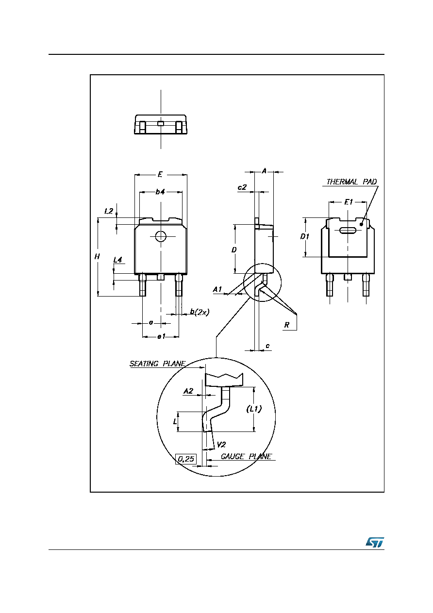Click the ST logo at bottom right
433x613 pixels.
click(x=375, y=542)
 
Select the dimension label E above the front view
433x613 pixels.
click(x=160, y=174)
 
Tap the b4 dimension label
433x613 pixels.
click(x=160, y=192)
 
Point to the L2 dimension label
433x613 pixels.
click(x=109, y=211)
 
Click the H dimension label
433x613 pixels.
click(x=97, y=256)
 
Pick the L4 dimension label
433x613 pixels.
click(x=117, y=260)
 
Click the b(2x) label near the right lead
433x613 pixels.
click(x=200, y=312)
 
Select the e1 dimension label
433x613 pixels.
click(x=161, y=336)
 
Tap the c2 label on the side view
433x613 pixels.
click(x=242, y=187)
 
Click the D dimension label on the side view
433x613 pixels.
click(x=234, y=249)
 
